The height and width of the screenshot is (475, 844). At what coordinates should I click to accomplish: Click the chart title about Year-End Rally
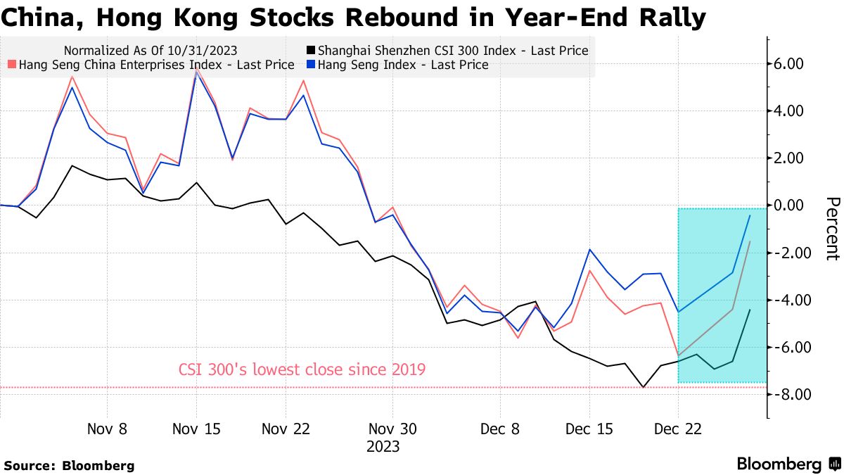pyautogui.click(x=353, y=18)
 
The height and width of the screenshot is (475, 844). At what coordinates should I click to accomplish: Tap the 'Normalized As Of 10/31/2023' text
pyautogui.click(x=150, y=50)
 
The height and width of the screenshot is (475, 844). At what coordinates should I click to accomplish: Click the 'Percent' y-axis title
pyautogui.click(x=831, y=229)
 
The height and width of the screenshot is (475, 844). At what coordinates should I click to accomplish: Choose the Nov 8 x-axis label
pyautogui.click(x=108, y=429)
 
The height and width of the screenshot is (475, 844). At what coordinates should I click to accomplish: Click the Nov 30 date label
pyautogui.click(x=392, y=429)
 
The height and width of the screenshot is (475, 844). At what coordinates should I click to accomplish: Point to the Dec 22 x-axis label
pyautogui.click(x=678, y=429)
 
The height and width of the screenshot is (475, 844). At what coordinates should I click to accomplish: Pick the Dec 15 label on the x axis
pyautogui.click(x=589, y=429)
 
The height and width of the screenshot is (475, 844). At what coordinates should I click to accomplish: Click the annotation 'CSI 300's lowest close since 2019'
pyautogui.click(x=302, y=369)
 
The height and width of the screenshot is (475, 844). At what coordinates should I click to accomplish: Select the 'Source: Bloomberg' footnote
pyautogui.click(x=69, y=465)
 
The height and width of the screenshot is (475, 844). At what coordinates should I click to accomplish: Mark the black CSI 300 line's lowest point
pyautogui.click(x=643, y=386)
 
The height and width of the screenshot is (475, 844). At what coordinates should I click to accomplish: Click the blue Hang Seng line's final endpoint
pyautogui.click(x=750, y=216)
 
